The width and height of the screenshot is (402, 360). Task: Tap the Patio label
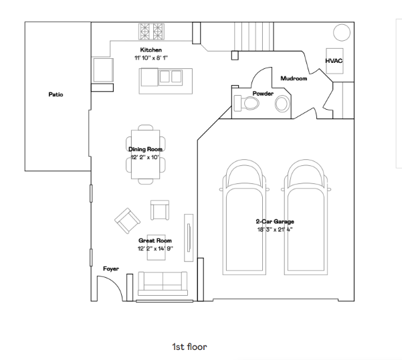[x=56, y=95]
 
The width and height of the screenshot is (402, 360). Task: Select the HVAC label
[x=334, y=60]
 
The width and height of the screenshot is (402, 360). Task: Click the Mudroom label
[x=294, y=78]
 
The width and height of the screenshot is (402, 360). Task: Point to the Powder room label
[x=262, y=94]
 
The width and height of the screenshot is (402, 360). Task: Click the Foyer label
[x=111, y=268]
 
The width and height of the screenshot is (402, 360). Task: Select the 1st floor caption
[x=189, y=347]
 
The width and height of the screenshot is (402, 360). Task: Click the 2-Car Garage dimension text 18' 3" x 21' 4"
[x=274, y=230]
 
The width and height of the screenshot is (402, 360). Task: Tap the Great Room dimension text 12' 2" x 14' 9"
[x=155, y=248]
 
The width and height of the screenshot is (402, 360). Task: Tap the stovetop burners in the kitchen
[x=151, y=31]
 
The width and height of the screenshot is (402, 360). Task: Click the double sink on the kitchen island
[x=170, y=76]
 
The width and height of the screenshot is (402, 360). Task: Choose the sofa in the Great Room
[x=163, y=284]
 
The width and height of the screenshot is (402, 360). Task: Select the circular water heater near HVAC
[x=341, y=33]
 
